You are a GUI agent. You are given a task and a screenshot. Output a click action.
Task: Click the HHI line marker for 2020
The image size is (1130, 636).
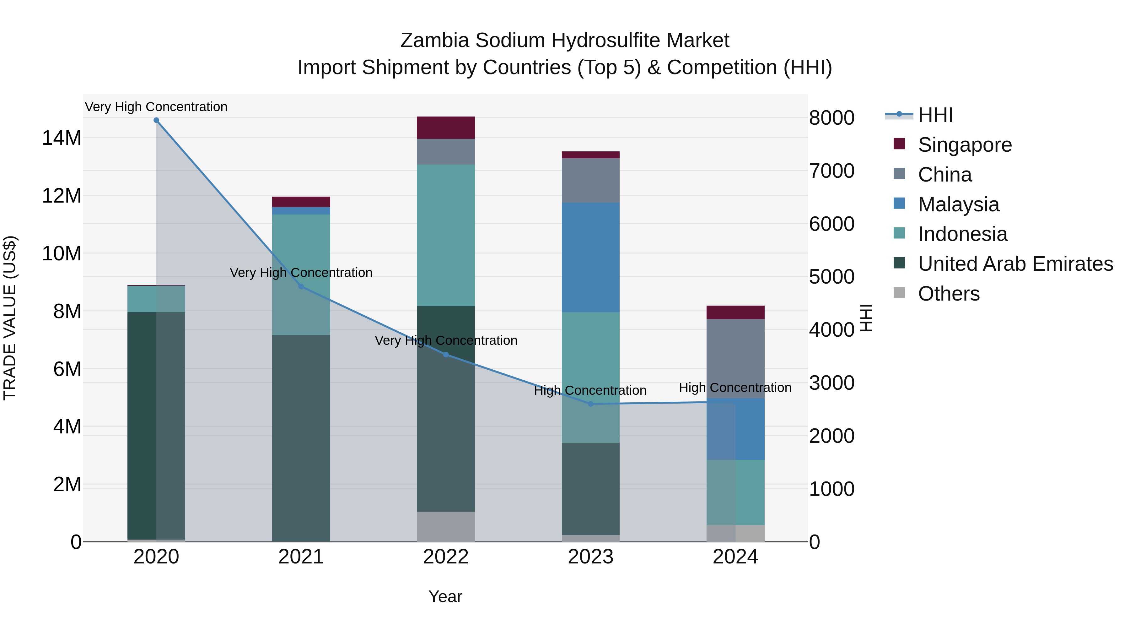(156, 120)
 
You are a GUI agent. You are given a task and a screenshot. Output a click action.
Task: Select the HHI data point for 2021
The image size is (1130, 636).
(301, 287)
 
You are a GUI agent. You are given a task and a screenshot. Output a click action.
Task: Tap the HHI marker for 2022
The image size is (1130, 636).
(446, 355)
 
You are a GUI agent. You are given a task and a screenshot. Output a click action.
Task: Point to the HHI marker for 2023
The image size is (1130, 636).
(590, 404)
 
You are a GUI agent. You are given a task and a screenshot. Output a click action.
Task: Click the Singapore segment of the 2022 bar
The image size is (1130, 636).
(446, 128)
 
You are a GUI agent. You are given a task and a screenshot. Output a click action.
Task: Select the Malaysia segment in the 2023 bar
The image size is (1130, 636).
(590, 257)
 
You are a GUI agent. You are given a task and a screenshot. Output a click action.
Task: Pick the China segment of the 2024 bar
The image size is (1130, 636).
(735, 359)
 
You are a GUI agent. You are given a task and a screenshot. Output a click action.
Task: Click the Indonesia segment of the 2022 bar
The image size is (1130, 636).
(446, 235)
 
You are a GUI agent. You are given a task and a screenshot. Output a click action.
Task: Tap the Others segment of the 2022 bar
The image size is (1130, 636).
(446, 526)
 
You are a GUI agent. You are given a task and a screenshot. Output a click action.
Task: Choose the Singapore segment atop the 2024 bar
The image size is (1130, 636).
(735, 312)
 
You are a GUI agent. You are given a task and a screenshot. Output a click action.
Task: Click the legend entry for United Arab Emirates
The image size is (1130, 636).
(1015, 264)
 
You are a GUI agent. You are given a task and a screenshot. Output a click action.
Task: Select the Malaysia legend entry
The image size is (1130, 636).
(959, 204)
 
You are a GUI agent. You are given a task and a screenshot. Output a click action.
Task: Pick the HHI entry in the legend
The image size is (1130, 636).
(935, 115)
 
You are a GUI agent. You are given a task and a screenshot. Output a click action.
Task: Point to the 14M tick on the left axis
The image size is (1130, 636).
(62, 138)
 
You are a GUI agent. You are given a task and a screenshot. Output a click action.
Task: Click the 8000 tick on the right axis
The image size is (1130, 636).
(831, 118)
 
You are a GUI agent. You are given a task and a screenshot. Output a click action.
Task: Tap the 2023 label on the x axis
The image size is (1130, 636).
(590, 557)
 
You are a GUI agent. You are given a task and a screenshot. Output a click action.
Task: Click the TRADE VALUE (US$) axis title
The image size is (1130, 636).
(10, 318)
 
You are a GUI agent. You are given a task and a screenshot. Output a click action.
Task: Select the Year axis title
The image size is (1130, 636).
(445, 596)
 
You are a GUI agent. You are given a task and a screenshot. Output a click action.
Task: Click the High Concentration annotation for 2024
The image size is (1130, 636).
(735, 388)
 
